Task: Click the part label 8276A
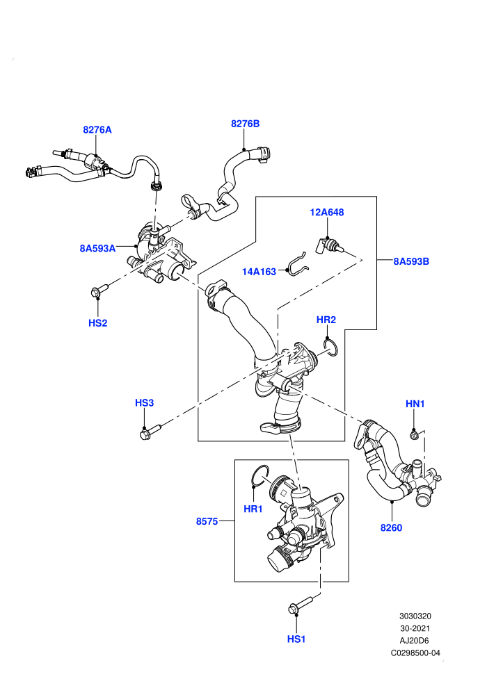coord(97,130)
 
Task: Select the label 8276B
coord(245,124)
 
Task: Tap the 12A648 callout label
coord(327,213)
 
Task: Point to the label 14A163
coord(259,272)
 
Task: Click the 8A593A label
coord(97,248)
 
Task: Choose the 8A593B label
coord(411,261)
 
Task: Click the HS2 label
coord(97,323)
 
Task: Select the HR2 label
coord(326,320)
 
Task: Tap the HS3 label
coord(144,403)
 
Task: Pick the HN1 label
coord(415,404)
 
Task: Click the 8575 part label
coord(207,521)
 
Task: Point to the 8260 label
coord(391,528)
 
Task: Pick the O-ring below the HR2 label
coord(330,347)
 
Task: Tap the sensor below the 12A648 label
coord(329,246)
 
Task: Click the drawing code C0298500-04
coord(415,653)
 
